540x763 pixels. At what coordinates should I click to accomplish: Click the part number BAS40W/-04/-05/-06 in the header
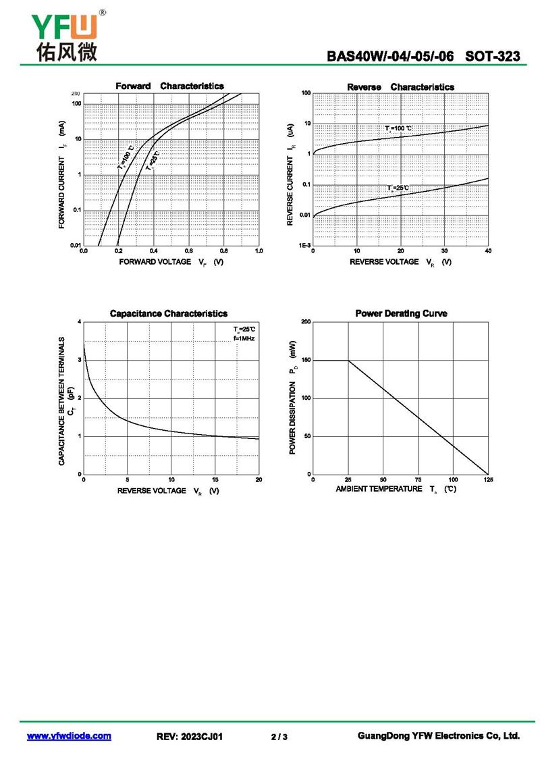tap(391, 57)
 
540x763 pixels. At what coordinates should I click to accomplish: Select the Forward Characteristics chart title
tap(169, 86)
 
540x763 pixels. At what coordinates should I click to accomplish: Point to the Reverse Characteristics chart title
tap(400, 87)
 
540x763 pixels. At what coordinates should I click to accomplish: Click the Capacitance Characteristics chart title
tap(169, 313)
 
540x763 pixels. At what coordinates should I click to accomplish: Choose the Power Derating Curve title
tap(401, 313)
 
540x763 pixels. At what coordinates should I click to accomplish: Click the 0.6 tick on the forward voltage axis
tap(189, 251)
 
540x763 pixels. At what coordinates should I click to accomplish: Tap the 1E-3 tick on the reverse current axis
tap(304, 246)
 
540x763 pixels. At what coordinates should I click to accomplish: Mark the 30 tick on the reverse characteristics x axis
tap(444, 251)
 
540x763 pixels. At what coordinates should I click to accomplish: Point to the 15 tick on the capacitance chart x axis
tap(215, 479)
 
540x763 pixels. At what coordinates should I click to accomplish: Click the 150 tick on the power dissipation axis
tap(306, 360)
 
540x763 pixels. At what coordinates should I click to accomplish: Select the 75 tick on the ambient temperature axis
tap(418, 479)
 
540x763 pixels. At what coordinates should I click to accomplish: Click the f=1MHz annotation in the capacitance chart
tap(244, 338)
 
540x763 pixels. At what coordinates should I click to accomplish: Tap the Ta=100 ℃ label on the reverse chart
tap(399, 128)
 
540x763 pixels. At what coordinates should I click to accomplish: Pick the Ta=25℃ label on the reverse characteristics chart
tap(398, 188)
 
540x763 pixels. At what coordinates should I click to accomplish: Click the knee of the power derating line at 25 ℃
tap(348, 361)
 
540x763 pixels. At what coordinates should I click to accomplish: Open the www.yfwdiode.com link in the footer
tap(69, 736)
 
